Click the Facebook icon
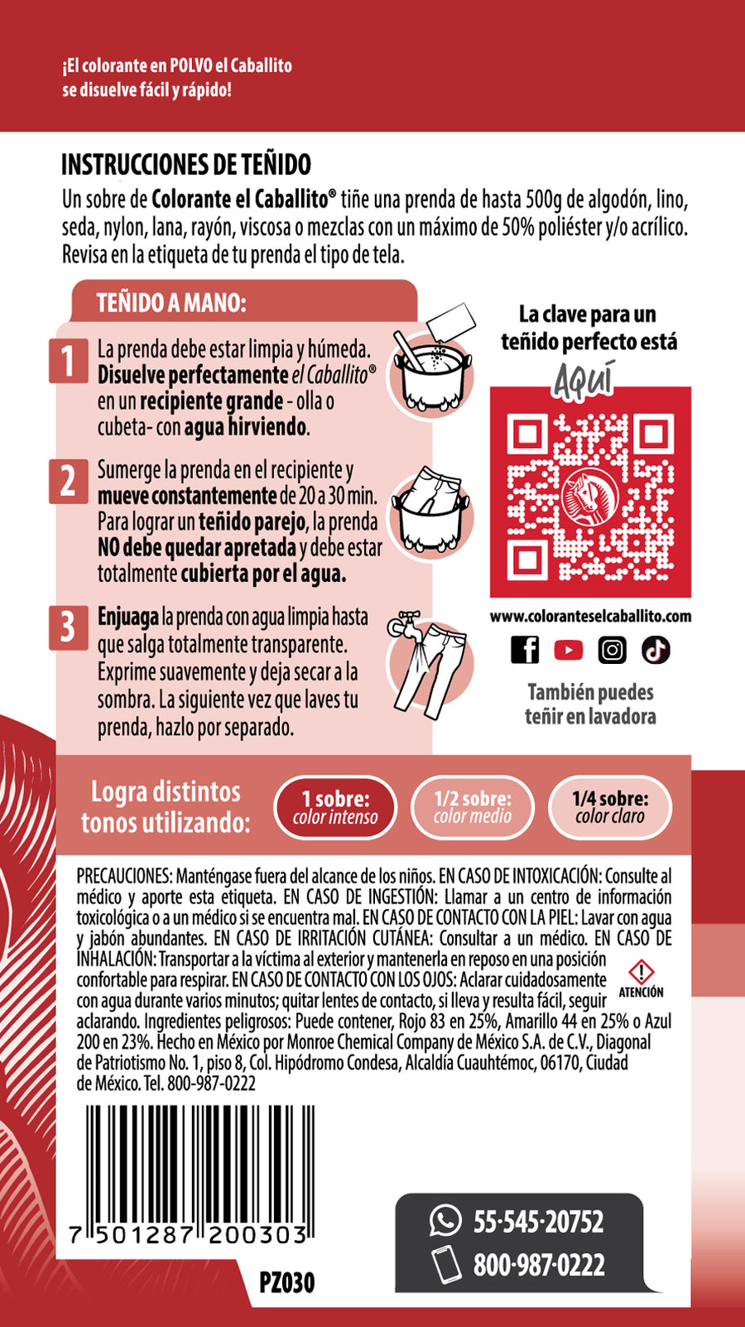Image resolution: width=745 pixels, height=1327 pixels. tap(525, 650)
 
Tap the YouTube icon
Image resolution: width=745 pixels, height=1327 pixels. tap(569, 650)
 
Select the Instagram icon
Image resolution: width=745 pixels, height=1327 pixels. tap(612, 650)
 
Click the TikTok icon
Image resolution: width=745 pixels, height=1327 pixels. tap(656, 650)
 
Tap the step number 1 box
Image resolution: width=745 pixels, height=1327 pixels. tap(69, 361)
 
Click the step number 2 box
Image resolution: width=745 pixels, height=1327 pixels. tap(69, 481)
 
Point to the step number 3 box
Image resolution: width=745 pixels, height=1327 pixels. tap(69, 627)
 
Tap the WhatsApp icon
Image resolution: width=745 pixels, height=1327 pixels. tap(445, 1221)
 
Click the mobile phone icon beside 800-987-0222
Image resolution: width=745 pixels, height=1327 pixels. tap(447, 1263)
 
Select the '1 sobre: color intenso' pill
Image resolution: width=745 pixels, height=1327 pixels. tap(335, 807)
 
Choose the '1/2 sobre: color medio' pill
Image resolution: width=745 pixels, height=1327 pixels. tap(473, 807)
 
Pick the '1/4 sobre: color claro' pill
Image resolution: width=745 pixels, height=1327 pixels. tap(610, 807)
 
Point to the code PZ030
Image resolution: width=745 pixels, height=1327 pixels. tap(287, 1282)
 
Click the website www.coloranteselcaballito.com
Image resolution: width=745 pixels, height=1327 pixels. tap(590, 616)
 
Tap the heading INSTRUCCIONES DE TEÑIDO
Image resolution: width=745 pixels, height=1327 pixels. tap(186, 165)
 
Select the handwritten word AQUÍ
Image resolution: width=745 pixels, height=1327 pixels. tap(584, 378)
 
